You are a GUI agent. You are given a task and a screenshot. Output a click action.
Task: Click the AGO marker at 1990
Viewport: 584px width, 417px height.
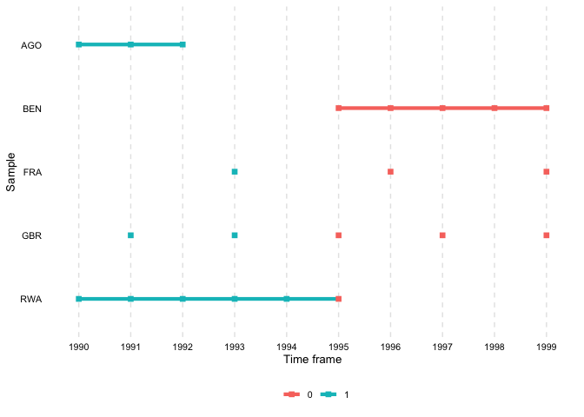tap(78, 44)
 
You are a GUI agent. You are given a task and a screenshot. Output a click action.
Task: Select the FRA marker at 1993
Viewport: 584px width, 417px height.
tap(235, 172)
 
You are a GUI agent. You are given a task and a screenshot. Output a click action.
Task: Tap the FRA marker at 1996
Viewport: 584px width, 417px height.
tap(390, 172)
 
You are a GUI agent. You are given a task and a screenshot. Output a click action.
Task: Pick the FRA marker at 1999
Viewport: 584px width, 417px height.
tap(547, 172)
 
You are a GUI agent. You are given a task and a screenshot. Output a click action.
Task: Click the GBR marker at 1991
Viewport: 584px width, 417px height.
tap(130, 235)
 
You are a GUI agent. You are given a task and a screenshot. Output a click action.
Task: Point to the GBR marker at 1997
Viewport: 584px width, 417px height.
tap(442, 235)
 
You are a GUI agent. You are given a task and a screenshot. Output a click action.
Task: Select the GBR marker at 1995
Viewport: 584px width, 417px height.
tap(338, 235)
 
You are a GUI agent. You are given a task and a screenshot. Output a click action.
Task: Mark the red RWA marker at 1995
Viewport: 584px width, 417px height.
tap(338, 299)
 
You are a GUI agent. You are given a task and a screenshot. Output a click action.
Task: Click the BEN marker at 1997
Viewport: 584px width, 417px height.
tap(442, 108)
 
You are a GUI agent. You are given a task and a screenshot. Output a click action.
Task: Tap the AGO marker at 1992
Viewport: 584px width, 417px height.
tap(182, 44)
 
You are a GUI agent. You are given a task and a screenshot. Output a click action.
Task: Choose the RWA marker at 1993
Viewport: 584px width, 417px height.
tap(235, 299)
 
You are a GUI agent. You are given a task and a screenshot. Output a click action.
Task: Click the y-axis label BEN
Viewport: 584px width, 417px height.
tap(32, 109)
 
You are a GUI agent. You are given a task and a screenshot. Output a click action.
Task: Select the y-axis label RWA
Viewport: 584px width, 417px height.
tap(31, 300)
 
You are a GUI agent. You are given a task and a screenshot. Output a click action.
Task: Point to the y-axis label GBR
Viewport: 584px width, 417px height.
tap(31, 236)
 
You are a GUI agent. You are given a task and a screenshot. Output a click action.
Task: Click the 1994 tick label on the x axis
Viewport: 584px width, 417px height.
tap(287, 346)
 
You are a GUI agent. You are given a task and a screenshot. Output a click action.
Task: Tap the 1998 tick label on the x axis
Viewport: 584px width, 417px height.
tap(494, 346)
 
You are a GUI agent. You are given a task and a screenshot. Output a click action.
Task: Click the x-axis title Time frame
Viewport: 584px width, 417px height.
tap(312, 360)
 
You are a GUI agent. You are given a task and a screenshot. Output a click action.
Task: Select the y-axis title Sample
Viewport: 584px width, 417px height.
tap(11, 172)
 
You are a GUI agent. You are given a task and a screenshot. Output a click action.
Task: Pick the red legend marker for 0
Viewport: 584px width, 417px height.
tap(291, 395)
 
